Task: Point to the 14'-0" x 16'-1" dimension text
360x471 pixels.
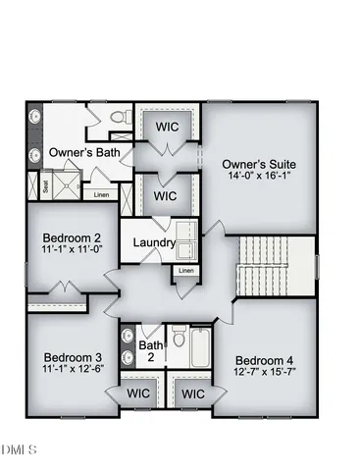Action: pos(259,178)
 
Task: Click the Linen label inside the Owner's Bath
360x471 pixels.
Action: pos(101,194)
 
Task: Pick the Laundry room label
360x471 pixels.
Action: pos(154,242)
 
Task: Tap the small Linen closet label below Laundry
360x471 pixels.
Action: pos(185,270)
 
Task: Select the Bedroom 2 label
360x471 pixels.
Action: pos(72,237)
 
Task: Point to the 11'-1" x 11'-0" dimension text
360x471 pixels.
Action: pos(72,251)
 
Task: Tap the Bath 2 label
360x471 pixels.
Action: pos(150,352)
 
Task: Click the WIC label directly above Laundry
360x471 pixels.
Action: pos(166,196)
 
